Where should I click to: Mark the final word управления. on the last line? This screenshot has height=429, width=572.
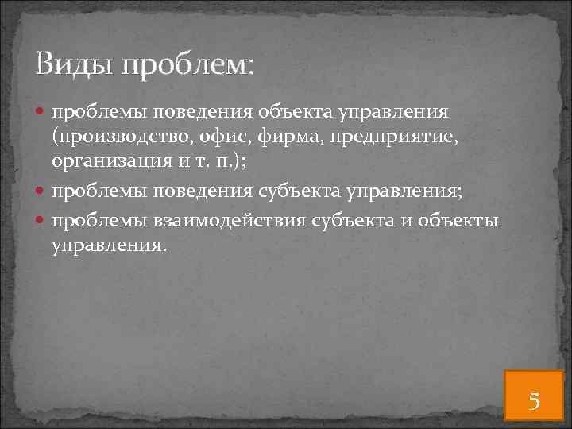click(110, 245)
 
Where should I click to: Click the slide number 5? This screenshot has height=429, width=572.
click(534, 400)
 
